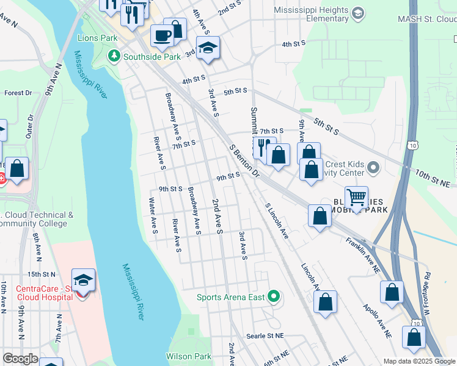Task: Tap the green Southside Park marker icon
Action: [114, 57]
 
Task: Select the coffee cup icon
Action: [162, 35]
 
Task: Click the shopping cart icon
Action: [356, 197]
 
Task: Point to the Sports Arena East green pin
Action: [274, 297]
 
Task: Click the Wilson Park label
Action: [188, 356]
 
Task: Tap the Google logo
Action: [20, 359]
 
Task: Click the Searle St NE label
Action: [265, 336]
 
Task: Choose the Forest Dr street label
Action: [18, 93]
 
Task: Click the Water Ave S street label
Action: [153, 215]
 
